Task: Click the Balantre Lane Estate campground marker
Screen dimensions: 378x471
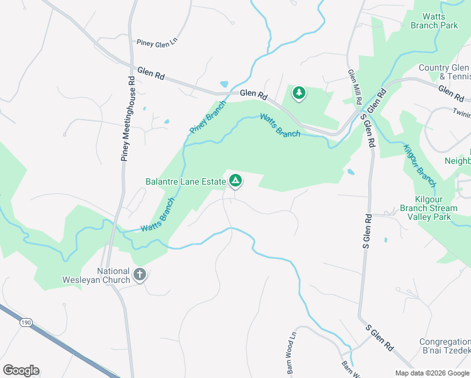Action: point(235,181)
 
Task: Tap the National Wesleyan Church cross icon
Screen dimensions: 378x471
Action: point(140,275)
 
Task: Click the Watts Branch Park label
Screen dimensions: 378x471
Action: point(434,21)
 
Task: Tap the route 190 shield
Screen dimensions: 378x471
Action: point(26,323)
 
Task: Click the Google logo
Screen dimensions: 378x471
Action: point(21,370)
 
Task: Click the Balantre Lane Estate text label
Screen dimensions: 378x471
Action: point(186,182)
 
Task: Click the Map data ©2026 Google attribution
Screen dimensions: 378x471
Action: point(431,373)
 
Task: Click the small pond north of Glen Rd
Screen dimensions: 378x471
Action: point(224,84)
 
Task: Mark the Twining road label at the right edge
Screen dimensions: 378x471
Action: point(461,109)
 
